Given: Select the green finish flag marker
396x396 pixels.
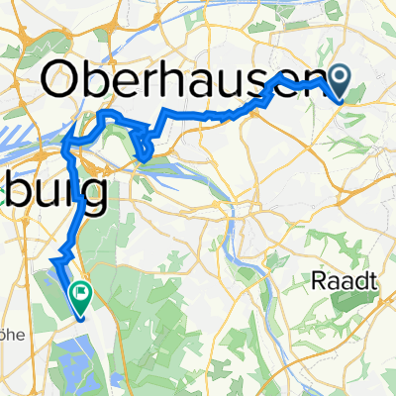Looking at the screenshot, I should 78,293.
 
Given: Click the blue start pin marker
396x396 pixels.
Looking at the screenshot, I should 342,79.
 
